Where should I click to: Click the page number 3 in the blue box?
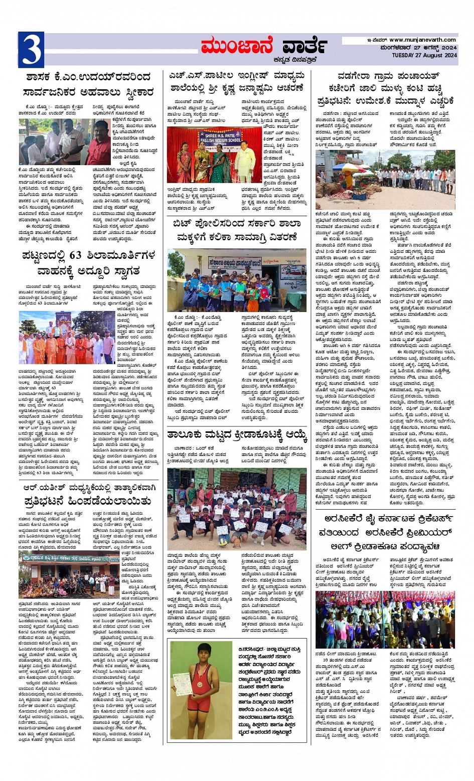point(31,50)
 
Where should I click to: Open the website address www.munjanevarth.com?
point(422,40)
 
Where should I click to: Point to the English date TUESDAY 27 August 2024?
point(424,55)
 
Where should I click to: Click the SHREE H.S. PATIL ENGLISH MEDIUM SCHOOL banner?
point(219,137)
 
